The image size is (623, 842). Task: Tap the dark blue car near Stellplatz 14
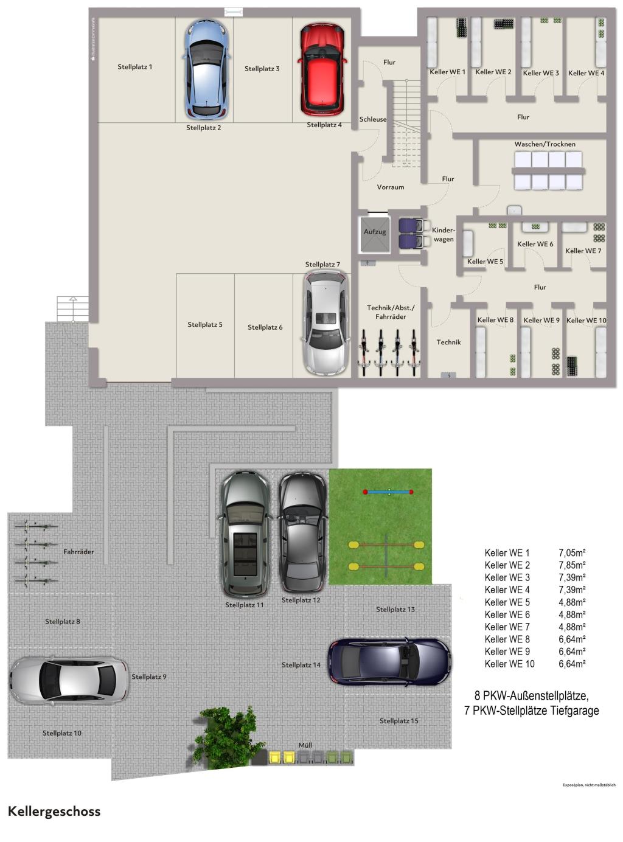tap(389, 662)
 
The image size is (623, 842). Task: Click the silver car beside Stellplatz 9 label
tap(69, 680)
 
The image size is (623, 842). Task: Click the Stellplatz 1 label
tap(135, 67)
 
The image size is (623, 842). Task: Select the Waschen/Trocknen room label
tap(545, 144)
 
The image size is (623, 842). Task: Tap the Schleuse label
tap(372, 119)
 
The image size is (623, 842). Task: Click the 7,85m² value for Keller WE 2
tap(572, 565)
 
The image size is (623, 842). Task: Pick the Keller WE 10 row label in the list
tap(509, 664)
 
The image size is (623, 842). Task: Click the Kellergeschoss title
tap(54, 812)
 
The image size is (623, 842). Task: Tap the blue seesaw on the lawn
tap(388, 492)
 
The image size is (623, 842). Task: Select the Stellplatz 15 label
tap(399, 721)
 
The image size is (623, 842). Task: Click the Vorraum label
tap(390, 187)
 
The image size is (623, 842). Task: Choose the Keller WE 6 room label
tap(535, 244)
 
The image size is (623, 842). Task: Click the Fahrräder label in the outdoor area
tap(78, 552)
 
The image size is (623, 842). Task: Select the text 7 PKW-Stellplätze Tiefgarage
tap(531, 711)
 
